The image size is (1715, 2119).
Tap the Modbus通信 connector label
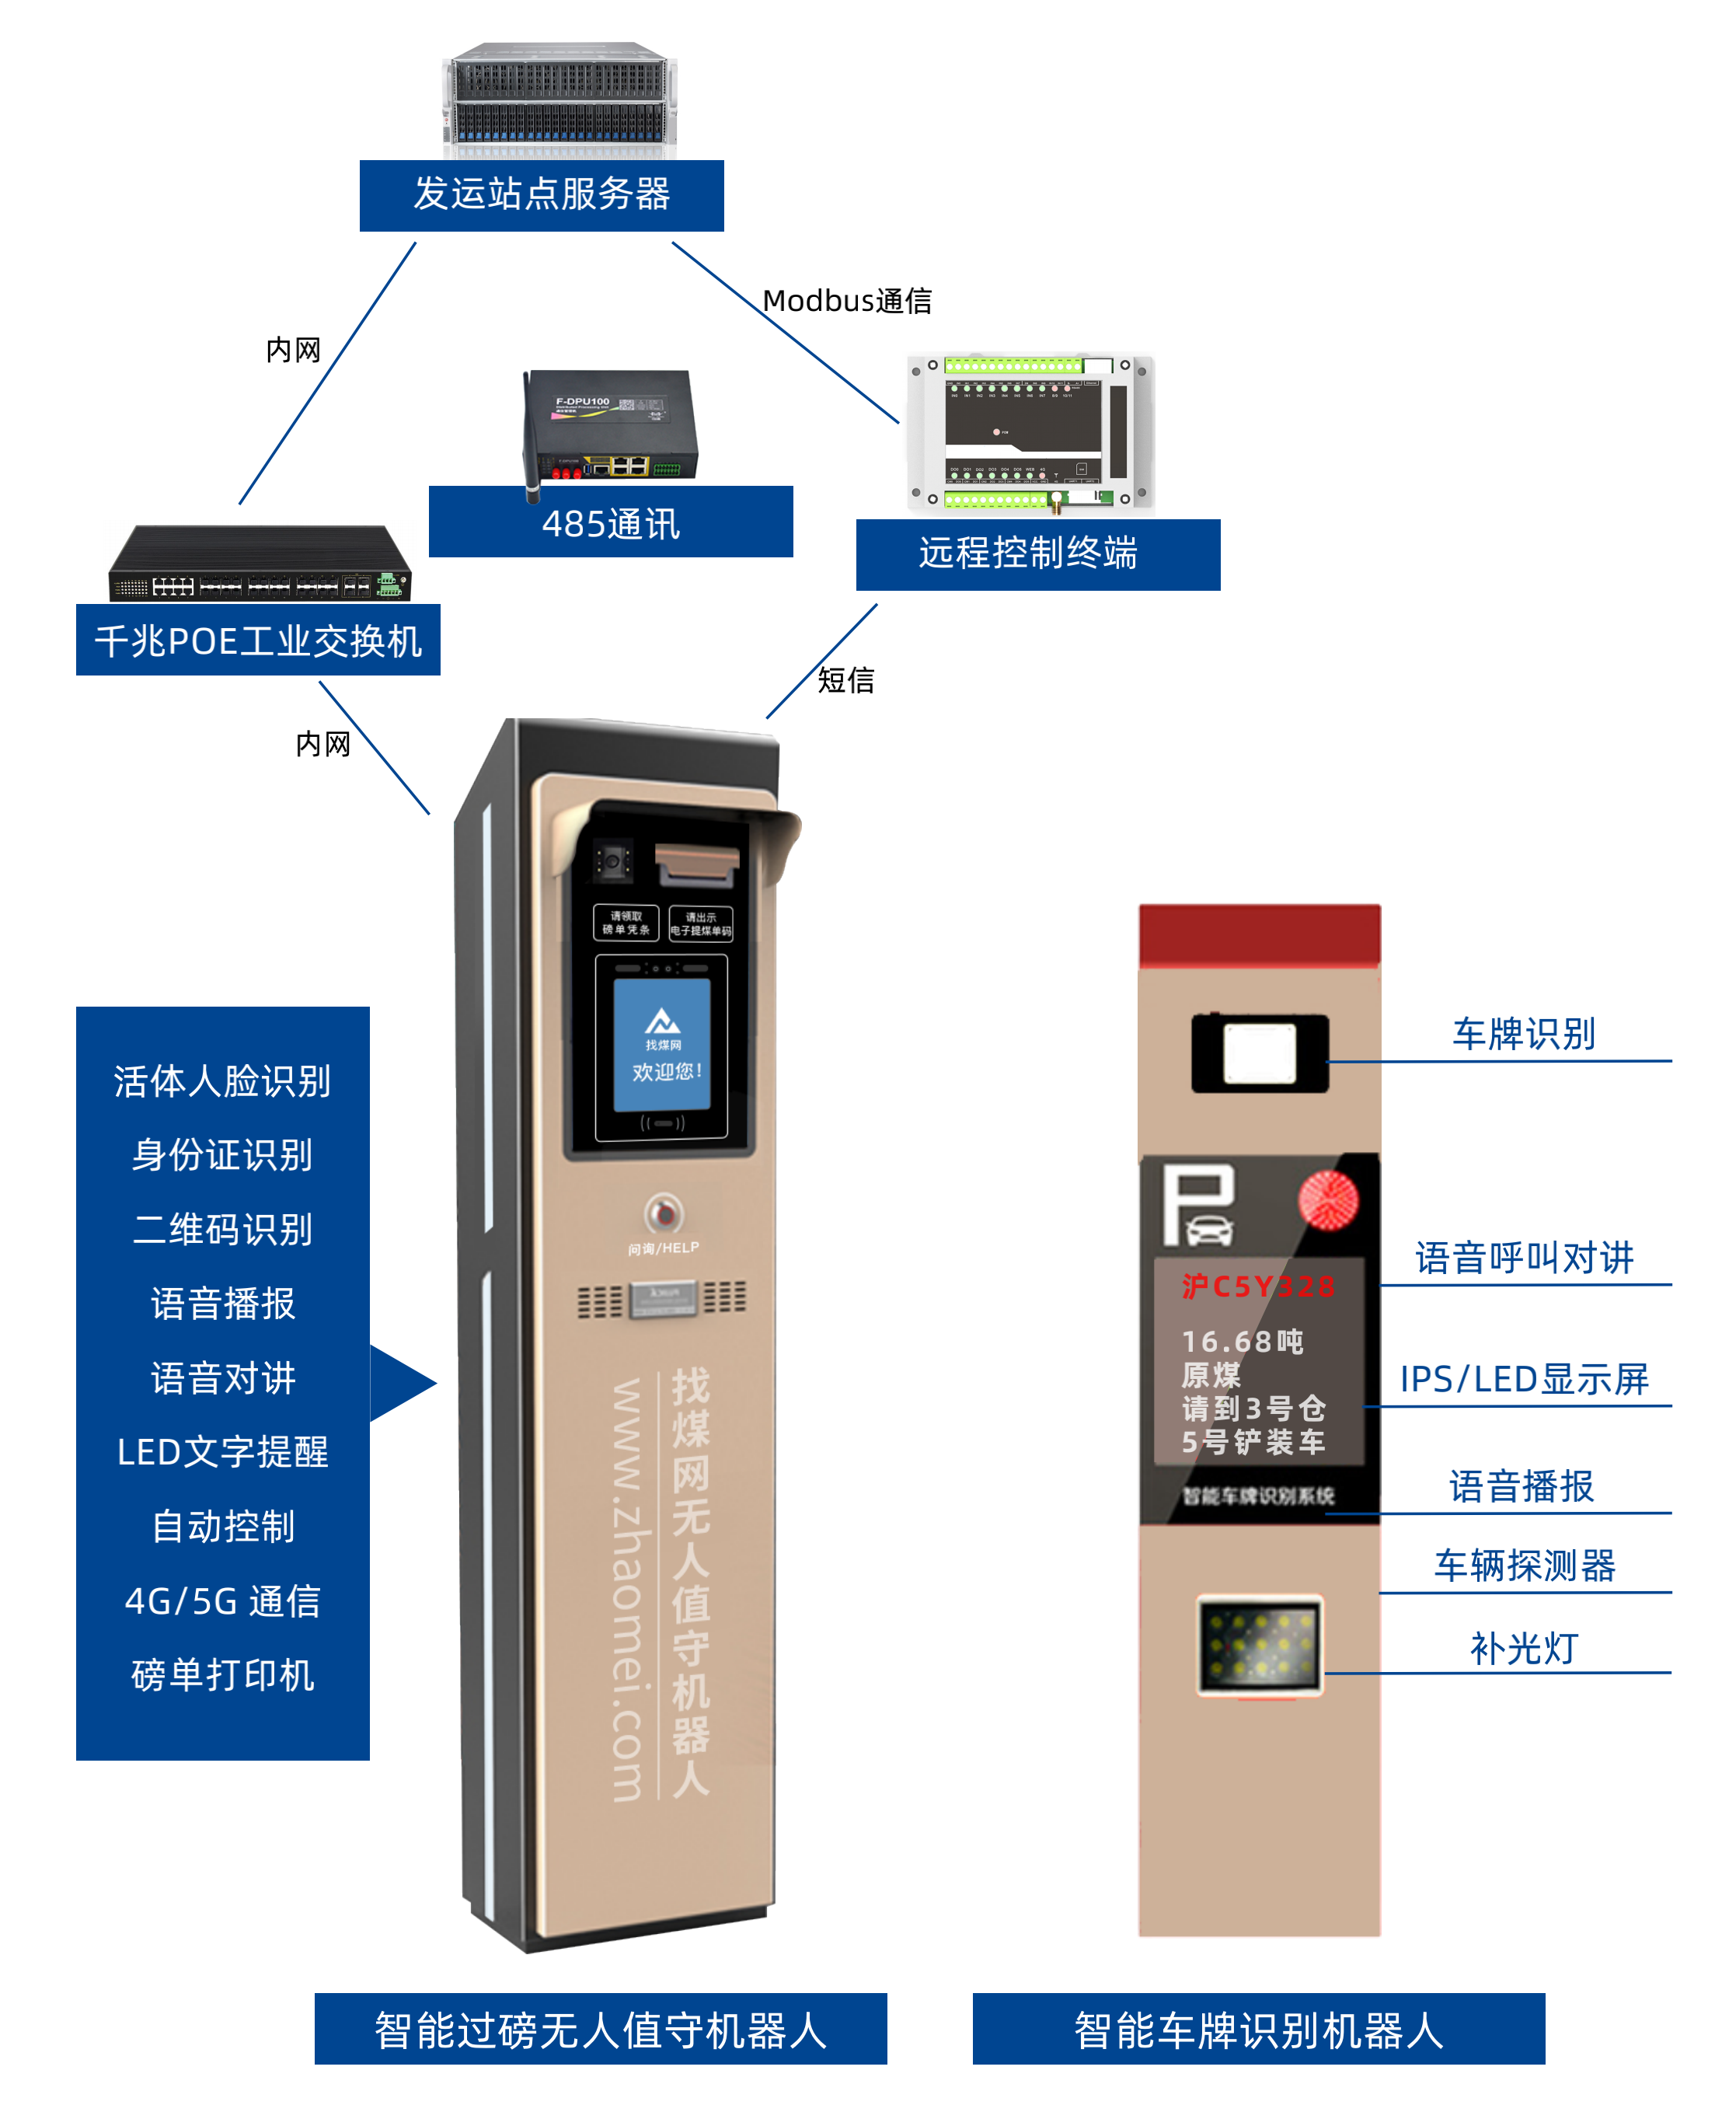(x=847, y=301)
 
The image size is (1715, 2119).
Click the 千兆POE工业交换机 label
(x=258, y=641)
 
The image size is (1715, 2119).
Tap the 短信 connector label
(x=845, y=680)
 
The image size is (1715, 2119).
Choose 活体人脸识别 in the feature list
(x=222, y=1080)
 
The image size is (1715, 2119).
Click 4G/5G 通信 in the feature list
(x=222, y=1600)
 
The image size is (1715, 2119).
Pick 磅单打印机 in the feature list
(x=222, y=1674)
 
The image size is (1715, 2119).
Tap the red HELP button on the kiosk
(x=663, y=1213)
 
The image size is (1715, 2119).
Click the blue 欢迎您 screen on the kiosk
(x=662, y=1045)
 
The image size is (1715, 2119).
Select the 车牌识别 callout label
(x=1523, y=1034)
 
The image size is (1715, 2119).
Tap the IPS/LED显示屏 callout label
(x=1523, y=1379)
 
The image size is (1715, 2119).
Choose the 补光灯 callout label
(x=1523, y=1649)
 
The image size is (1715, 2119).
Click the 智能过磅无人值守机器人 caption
(x=600, y=2030)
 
